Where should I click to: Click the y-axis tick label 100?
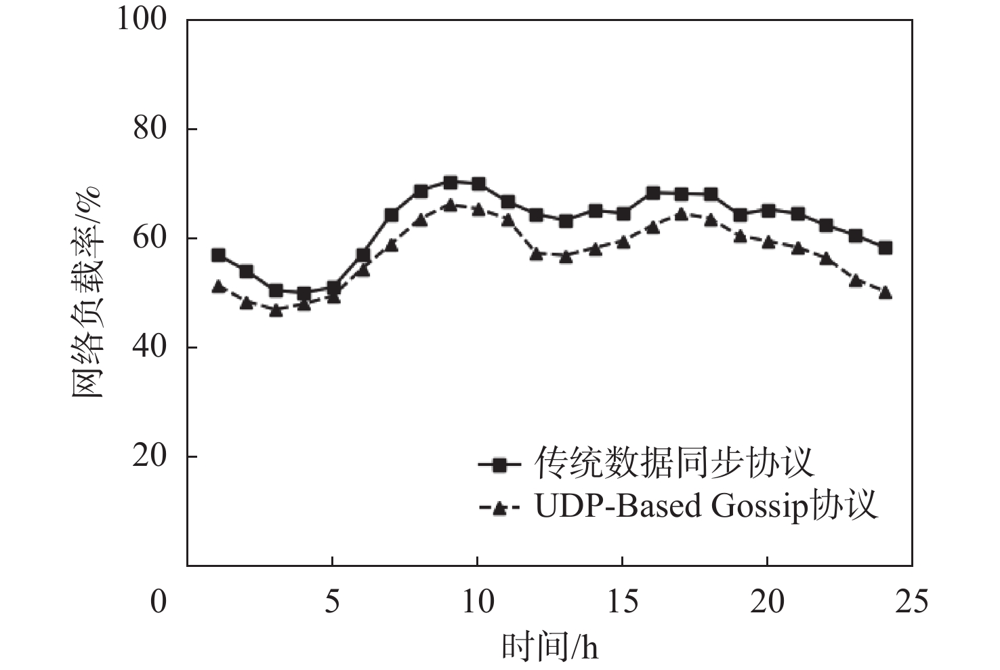142,19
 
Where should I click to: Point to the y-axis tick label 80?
150,128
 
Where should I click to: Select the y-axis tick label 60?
150,238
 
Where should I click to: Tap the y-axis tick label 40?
150,347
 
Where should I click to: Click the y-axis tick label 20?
150,456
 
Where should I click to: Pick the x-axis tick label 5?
332,602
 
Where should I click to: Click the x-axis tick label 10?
477,602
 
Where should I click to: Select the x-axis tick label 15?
622,602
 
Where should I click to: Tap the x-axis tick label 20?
767,602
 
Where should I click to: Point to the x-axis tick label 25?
912,602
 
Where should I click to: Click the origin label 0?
158,602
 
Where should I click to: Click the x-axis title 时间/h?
549,646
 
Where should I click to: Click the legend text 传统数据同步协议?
674,463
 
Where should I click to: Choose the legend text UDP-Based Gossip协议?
706,506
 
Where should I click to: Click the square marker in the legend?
499,465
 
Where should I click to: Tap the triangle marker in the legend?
499,507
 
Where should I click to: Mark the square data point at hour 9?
450,182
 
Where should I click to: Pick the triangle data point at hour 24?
885,293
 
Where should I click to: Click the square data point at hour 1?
218,256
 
